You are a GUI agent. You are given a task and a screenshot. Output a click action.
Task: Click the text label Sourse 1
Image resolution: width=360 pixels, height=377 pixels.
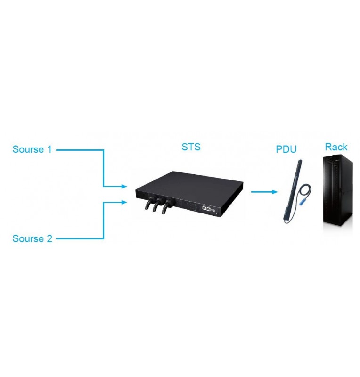(32, 150)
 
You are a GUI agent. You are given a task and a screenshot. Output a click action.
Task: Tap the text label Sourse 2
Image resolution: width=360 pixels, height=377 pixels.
(32, 238)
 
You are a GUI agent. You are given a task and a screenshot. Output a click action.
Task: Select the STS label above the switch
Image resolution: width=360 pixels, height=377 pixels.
(191, 147)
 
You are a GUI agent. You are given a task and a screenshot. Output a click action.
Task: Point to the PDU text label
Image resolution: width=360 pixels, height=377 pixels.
(286, 149)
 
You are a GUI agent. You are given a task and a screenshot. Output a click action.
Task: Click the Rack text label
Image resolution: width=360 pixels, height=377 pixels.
(336, 147)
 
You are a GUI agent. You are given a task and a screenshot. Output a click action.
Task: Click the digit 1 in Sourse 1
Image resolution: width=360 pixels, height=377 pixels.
(49, 150)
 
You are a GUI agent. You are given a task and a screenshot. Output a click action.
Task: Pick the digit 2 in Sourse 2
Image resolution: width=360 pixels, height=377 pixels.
(49, 238)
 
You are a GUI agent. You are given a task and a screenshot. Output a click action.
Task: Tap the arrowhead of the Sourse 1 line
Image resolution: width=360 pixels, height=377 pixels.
(125, 187)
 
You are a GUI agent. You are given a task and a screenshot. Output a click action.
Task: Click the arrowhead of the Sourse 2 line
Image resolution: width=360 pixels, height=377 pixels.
(125, 203)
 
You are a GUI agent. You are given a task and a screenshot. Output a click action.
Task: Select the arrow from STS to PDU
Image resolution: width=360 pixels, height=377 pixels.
(263, 192)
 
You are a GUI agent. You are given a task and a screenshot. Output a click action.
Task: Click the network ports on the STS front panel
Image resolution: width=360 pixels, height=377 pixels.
(206, 207)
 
